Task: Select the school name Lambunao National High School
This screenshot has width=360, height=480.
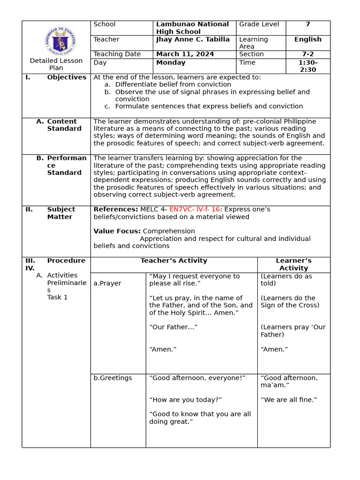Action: pos(192,28)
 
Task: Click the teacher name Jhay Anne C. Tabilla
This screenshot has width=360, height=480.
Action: pos(193,39)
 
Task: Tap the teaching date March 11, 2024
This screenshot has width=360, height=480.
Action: pos(185,54)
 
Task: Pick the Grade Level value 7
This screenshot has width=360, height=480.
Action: pos(307,24)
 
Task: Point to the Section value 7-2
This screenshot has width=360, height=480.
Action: pos(307,54)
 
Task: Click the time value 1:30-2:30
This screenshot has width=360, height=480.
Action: pos(307,66)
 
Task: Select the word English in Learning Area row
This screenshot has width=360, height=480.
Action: pos(307,39)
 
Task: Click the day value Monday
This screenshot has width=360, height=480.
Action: pos(171,63)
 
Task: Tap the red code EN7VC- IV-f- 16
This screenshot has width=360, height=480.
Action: pos(195,210)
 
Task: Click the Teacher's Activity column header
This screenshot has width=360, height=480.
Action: pos(173,261)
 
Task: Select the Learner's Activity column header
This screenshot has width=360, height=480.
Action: pos(293,264)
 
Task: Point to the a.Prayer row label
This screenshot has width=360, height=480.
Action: pos(107,284)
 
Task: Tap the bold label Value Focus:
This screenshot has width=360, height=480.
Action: pos(117,231)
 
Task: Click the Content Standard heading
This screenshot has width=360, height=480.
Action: pos(64,125)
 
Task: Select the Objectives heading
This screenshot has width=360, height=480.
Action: pos(67,77)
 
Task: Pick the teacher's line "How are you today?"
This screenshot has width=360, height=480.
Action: pos(185,400)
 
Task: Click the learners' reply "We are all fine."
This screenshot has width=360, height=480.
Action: pos(289,400)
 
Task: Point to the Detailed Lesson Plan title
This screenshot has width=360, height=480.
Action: pos(56,64)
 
